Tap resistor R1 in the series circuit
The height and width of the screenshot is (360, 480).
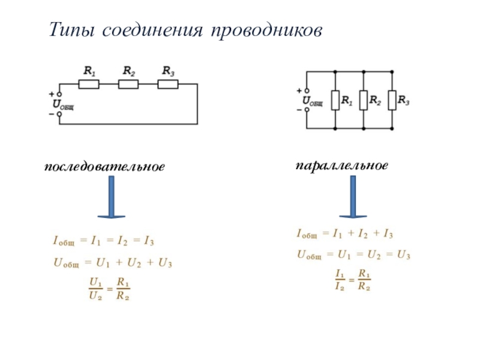click(x=89, y=84)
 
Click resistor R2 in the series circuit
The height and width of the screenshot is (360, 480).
click(x=128, y=84)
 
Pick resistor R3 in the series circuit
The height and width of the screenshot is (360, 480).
click(x=168, y=84)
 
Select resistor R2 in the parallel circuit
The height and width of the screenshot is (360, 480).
click(x=363, y=100)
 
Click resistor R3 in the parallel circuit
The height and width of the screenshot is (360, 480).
click(x=391, y=100)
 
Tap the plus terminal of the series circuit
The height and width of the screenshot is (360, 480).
click(x=59, y=95)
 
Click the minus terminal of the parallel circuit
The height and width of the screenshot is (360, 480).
click(x=307, y=110)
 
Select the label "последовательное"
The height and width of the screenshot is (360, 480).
click(x=104, y=166)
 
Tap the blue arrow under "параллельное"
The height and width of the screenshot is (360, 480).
click(x=352, y=196)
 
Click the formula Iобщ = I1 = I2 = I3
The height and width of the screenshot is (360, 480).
click(x=103, y=242)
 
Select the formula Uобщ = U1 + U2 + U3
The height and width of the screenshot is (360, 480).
click(x=113, y=262)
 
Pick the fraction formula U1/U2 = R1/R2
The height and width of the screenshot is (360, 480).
click(x=110, y=288)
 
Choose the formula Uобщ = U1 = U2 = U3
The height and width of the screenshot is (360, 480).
click(x=353, y=254)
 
